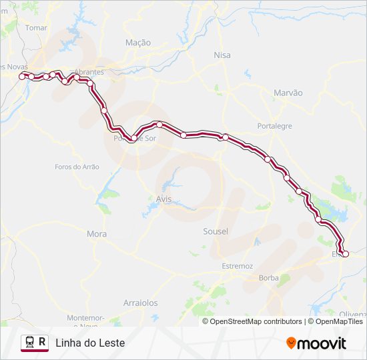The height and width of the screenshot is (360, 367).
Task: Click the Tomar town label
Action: [36, 28]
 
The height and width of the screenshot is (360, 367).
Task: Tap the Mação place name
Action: [138, 42]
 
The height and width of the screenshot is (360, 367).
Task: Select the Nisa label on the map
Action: [222, 55]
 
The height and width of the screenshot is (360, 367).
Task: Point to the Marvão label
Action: [288, 93]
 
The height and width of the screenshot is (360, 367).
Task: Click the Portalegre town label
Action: [275, 126]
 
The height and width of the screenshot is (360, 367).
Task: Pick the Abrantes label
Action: [89, 72]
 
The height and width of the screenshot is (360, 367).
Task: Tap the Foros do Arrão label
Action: [77, 167]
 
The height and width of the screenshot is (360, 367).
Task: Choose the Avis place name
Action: [163, 199]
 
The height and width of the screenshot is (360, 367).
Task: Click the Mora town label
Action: [97, 234]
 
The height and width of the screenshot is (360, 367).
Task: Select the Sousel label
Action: [216, 231]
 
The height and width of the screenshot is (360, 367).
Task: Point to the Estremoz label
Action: [238, 266]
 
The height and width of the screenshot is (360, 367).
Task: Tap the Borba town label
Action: [268, 277]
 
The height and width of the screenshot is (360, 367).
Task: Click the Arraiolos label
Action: [140, 303]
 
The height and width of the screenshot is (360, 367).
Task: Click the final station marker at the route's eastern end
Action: [345, 254]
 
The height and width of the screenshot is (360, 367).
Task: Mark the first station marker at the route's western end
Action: [22, 77]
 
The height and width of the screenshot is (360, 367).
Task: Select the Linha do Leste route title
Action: [90, 343]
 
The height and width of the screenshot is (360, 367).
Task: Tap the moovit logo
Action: [316, 343]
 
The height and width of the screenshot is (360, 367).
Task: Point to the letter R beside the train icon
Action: [43, 342]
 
